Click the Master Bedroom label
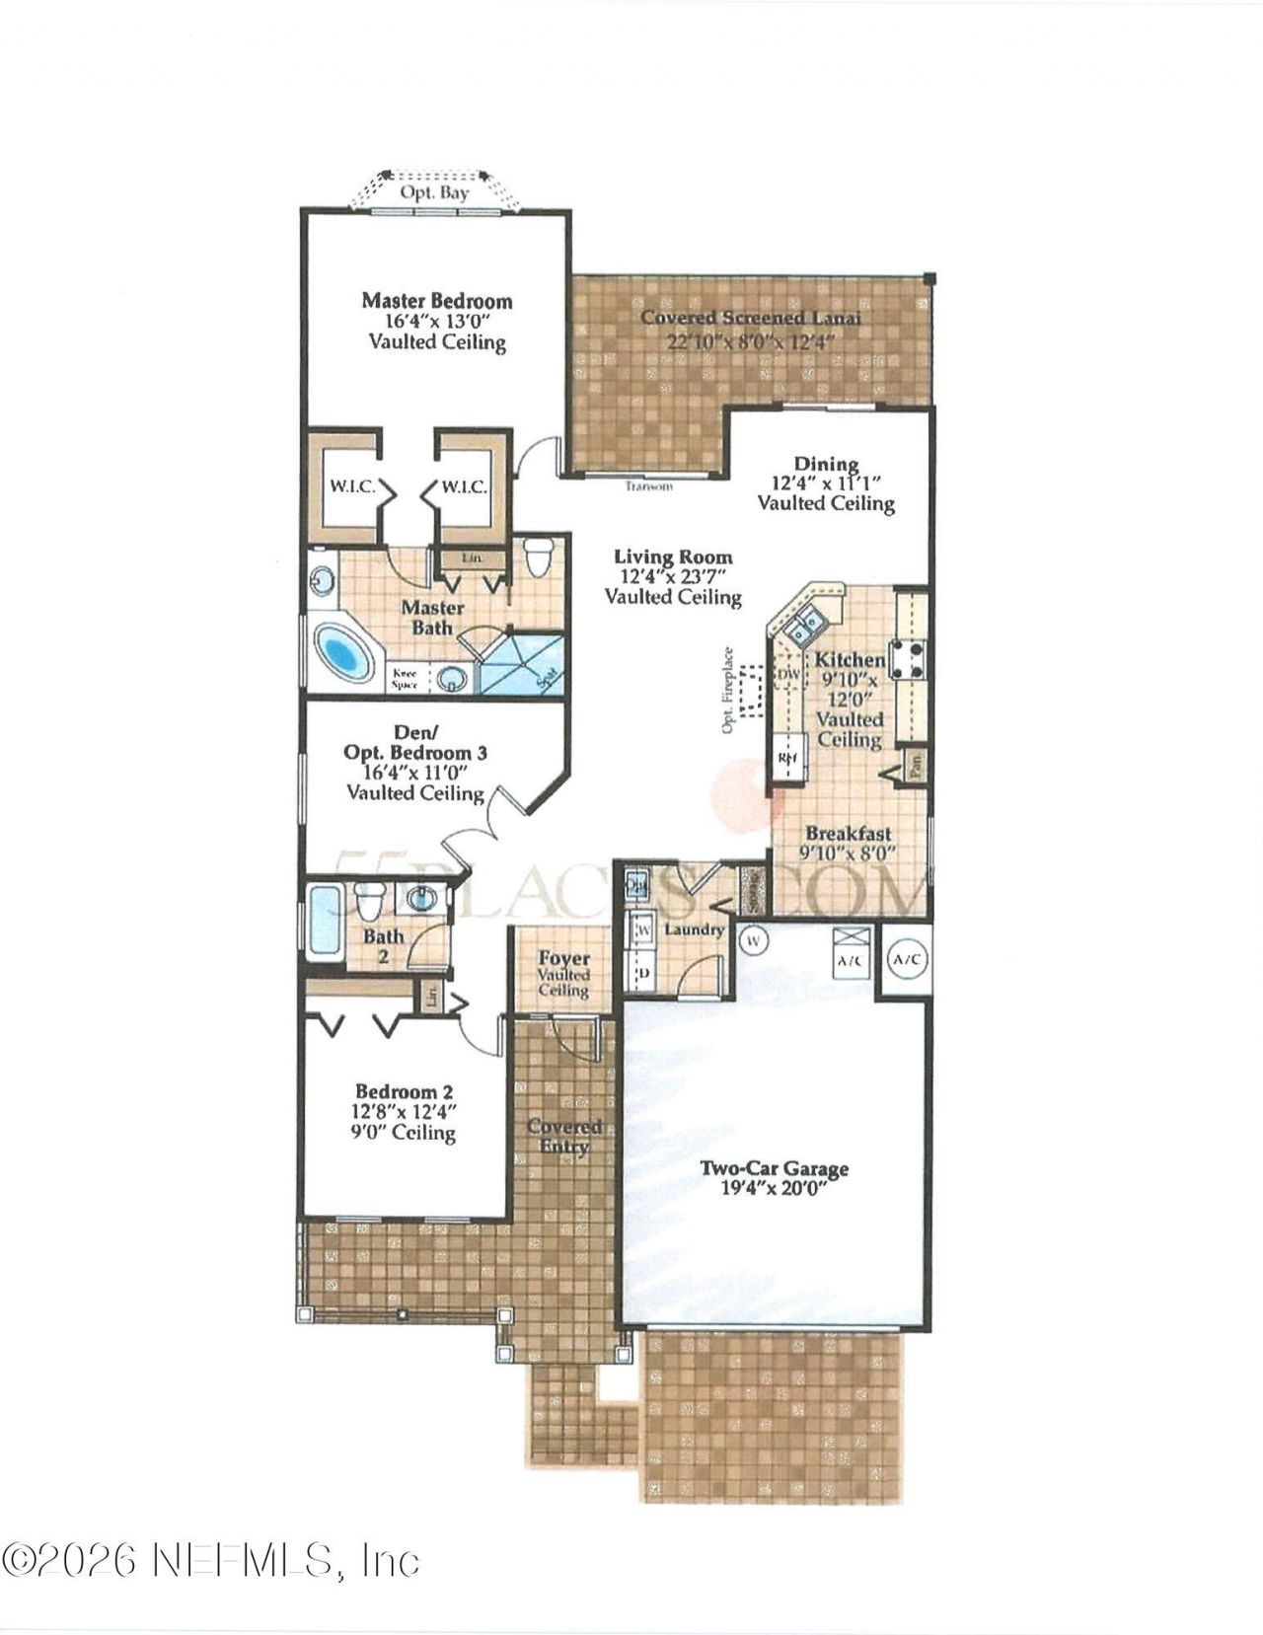click(x=436, y=301)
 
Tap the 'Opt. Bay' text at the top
click(x=434, y=193)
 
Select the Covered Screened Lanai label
click(x=751, y=319)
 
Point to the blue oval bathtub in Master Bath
click(x=341, y=652)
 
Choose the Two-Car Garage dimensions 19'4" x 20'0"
click(x=774, y=1189)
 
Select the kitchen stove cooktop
click(x=908, y=660)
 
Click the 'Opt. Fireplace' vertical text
click(x=728, y=691)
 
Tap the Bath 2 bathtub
click(x=324, y=923)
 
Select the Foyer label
click(x=563, y=958)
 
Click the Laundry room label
click(x=694, y=929)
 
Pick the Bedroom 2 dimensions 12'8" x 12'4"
click(x=405, y=1112)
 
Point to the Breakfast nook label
click(x=848, y=834)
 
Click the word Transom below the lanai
click(x=649, y=486)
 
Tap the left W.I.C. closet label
click(x=350, y=486)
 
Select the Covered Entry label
click(x=564, y=1136)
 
